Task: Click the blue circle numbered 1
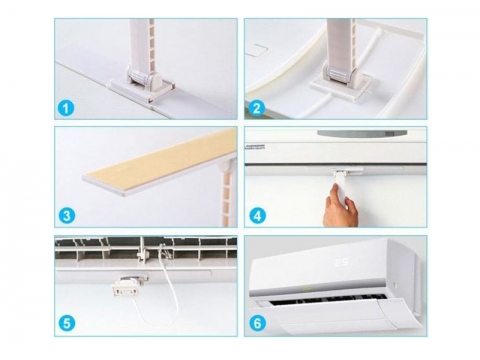tap(66, 108)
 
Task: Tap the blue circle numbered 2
tap(256, 108)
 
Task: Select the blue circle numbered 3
tap(67, 215)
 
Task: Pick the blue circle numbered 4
tap(257, 216)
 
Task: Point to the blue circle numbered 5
tap(67, 323)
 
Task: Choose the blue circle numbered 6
tap(257, 323)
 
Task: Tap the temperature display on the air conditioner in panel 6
tap(343, 262)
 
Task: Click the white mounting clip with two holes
tap(126, 288)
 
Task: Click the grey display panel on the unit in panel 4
tap(362, 134)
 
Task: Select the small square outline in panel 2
tap(256, 51)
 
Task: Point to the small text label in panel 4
tap(255, 147)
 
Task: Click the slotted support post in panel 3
tap(227, 193)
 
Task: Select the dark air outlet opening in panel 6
tap(328, 299)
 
